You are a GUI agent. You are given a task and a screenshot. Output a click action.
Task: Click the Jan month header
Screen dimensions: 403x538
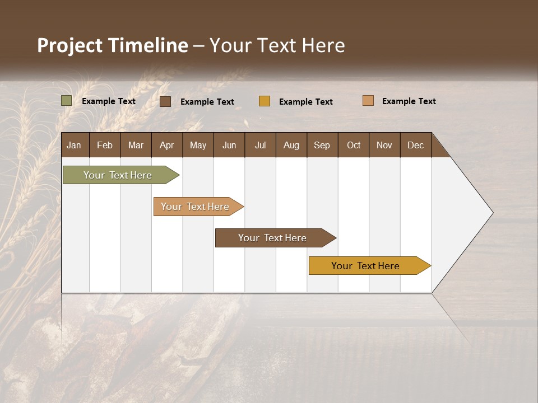pos(75,145)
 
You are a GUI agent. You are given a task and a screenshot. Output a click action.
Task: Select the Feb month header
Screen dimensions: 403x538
pos(105,145)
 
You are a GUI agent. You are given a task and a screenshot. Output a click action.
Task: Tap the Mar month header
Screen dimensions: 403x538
pos(136,145)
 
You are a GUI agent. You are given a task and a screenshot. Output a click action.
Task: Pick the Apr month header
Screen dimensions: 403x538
pos(167,145)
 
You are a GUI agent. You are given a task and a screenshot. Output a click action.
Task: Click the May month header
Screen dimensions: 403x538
pos(198,145)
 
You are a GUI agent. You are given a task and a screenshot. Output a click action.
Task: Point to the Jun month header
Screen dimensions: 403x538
pos(229,145)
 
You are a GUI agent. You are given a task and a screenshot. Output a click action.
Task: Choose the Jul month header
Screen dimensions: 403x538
pos(260,145)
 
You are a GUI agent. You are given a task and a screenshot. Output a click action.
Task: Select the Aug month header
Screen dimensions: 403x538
pos(291,145)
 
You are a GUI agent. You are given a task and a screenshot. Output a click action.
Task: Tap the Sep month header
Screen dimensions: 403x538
pos(322,145)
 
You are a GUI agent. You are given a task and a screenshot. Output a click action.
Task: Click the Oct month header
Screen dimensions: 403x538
pos(354,145)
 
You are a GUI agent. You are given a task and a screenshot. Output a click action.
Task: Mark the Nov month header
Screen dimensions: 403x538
pos(384,145)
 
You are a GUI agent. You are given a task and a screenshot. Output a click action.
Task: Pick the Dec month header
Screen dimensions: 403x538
pos(416,145)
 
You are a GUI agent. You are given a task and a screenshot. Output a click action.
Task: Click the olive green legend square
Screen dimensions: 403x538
pos(67,101)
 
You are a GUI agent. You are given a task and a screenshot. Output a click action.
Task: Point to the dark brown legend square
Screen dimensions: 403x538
pos(165,101)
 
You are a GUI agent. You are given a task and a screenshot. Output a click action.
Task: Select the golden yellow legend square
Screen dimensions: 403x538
pos(265,101)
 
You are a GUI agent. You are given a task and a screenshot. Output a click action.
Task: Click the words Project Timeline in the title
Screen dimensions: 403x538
pos(113,45)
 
